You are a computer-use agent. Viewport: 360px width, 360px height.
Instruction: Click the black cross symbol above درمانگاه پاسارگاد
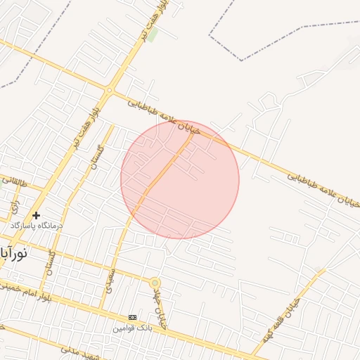pos(37,215)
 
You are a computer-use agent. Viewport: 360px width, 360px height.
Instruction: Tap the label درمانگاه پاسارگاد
pos(37,226)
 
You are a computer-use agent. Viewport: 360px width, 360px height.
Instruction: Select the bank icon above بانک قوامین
pos(132,317)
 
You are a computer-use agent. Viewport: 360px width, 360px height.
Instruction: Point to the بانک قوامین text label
pos(132,327)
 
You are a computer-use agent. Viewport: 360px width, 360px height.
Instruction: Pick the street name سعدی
pos(109,280)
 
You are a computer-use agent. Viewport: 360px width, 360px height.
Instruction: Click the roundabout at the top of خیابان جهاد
pos(155,283)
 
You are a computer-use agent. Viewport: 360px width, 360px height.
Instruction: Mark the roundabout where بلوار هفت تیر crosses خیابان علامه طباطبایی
pos(109,90)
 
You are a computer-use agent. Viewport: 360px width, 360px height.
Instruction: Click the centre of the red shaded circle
pos(180,179)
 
